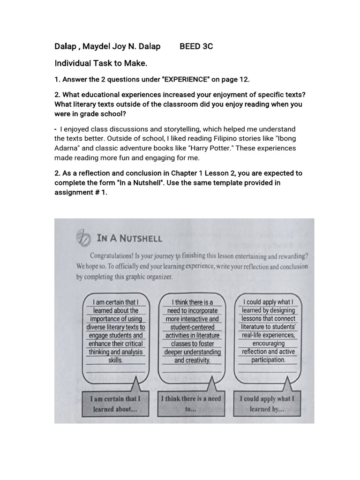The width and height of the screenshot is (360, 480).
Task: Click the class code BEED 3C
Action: coord(196,46)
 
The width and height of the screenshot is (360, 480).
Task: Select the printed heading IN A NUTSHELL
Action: coord(129,238)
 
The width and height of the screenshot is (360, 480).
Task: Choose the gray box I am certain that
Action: coord(115,404)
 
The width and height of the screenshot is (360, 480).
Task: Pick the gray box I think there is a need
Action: coord(191,403)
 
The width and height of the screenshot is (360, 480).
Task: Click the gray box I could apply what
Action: coord(267,404)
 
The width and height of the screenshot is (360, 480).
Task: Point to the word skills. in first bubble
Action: coord(115,360)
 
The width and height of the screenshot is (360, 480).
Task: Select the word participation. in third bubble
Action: coord(268,360)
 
